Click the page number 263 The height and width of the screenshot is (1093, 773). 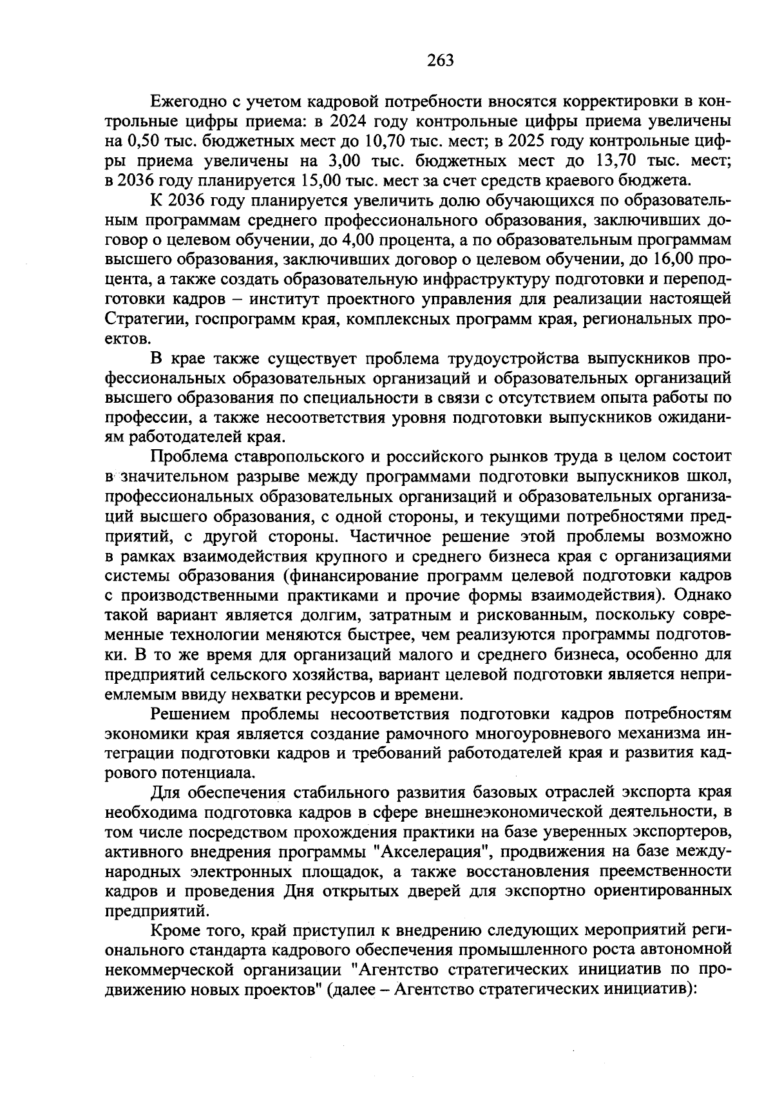coord(441,61)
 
